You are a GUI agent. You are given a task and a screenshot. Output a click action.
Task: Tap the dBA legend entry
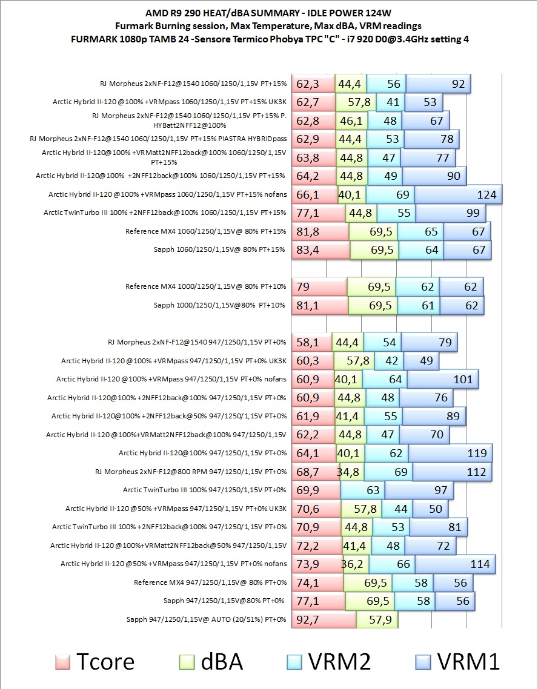click(x=213, y=661)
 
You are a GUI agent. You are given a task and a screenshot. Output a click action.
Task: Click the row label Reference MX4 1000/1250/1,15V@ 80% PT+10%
click(x=205, y=286)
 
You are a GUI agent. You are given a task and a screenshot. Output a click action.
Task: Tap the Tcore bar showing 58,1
click(x=312, y=343)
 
